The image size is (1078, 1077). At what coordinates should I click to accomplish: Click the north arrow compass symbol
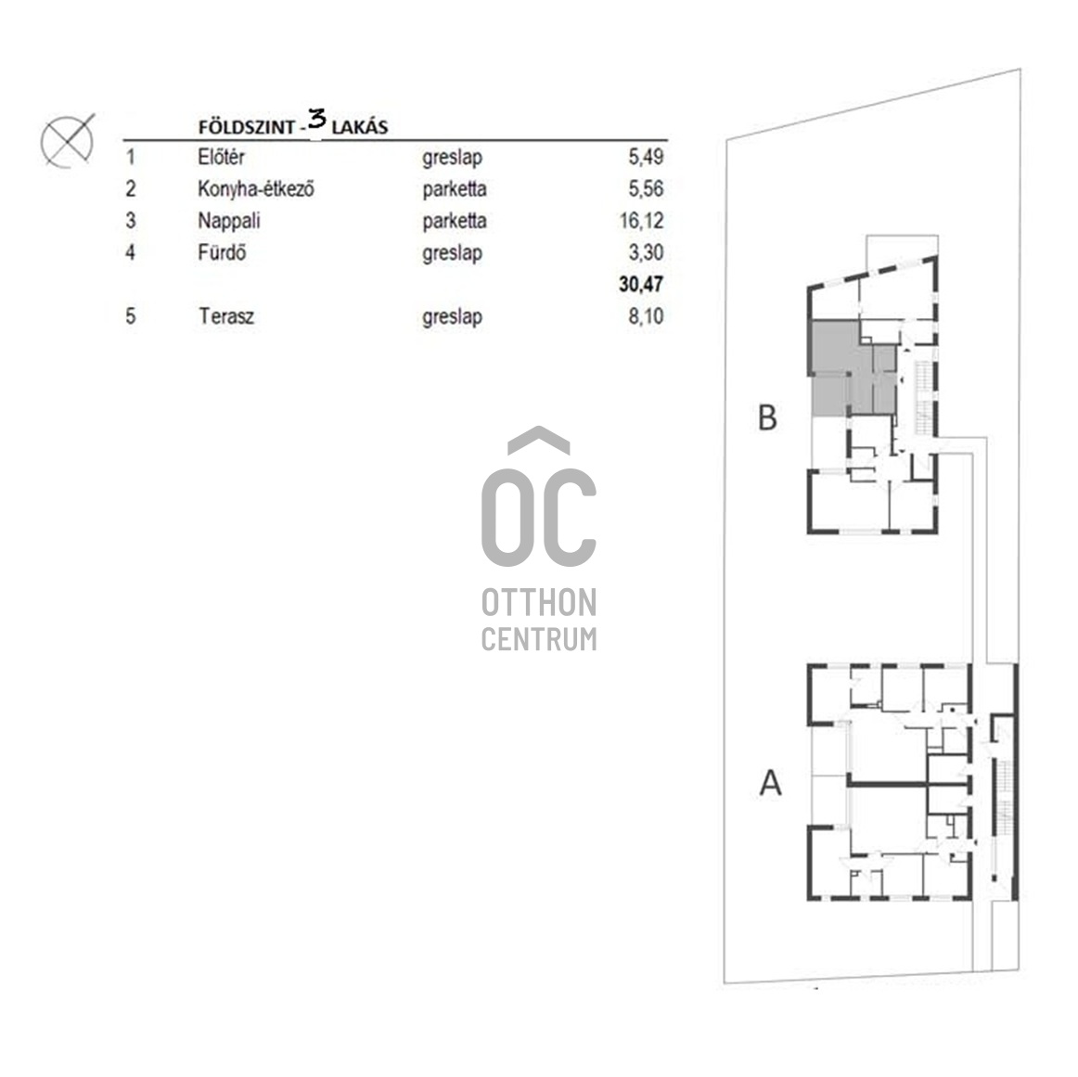point(68,142)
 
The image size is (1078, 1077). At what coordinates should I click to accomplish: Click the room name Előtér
point(221,158)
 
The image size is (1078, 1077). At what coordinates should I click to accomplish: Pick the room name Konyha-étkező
point(256,189)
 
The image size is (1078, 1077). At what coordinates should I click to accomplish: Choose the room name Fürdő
point(222,252)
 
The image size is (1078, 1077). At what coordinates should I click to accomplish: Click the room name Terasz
point(225,316)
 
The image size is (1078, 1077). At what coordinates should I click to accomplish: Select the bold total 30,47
point(641,285)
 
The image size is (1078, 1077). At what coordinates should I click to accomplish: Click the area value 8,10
point(646,316)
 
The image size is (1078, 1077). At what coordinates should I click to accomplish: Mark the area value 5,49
point(646,158)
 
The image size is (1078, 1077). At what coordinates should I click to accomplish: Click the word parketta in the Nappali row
point(454,221)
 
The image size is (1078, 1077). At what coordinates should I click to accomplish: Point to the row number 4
point(131,252)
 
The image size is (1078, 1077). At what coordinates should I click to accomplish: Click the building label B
point(767,418)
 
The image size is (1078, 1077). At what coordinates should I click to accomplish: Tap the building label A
point(770,784)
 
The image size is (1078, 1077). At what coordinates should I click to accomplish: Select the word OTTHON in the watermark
point(539,604)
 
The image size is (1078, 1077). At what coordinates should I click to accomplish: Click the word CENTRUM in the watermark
point(539,639)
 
